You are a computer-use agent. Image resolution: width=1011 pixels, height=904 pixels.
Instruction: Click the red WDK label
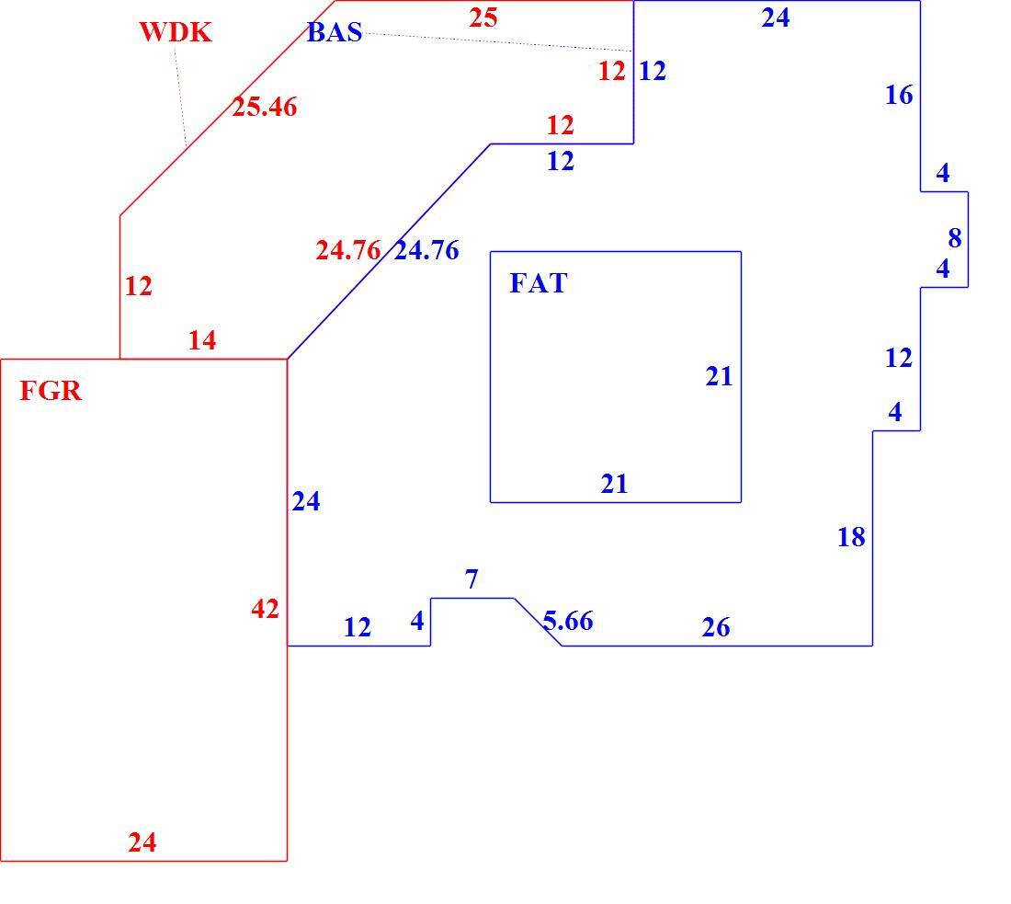pyautogui.click(x=176, y=31)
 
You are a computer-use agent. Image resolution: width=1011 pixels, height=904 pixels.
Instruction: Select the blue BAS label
pyautogui.click(x=334, y=32)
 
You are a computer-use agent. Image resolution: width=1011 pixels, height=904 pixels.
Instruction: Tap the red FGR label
pyautogui.click(x=51, y=390)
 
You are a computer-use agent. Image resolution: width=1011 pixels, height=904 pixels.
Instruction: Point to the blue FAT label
pyautogui.click(x=539, y=282)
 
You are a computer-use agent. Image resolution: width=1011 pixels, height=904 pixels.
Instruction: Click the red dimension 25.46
pyautogui.click(x=265, y=107)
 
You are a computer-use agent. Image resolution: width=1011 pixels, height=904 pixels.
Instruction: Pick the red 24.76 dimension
pyautogui.click(x=348, y=250)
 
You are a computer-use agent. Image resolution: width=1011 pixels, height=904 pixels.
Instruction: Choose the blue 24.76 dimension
pyautogui.click(x=426, y=250)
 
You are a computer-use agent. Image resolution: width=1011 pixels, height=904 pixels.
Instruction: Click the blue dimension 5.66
pyautogui.click(x=568, y=621)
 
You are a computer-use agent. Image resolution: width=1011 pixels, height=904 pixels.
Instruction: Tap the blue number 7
pyautogui.click(x=471, y=579)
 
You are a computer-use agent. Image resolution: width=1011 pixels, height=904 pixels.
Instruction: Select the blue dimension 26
pyautogui.click(x=716, y=626)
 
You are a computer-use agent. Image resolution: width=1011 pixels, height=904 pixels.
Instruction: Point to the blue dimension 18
pyautogui.click(x=851, y=537)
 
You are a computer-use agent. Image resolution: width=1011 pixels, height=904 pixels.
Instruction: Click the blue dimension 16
pyautogui.click(x=899, y=95)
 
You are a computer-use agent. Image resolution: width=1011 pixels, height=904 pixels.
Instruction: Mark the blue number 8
pyautogui.click(x=955, y=238)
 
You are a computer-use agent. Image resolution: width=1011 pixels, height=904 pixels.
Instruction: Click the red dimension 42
pyautogui.click(x=265, y=609)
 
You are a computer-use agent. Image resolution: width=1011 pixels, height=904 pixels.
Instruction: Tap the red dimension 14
pyautogui.click(x=202, y=340)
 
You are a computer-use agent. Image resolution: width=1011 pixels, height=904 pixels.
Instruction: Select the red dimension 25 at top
pyautogui.click(x=483, y=18)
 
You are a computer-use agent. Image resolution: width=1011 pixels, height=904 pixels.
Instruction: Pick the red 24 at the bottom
pyautogui.click(x=142, y=842)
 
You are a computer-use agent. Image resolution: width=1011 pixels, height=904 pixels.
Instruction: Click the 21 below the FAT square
pyautogui.click(x=614, y=484)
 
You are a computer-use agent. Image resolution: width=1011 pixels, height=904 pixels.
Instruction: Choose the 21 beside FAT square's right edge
pyautogui.click(x=719, y=376)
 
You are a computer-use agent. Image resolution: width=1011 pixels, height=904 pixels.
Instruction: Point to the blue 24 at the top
pyautogui.click(x=775, y=18)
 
